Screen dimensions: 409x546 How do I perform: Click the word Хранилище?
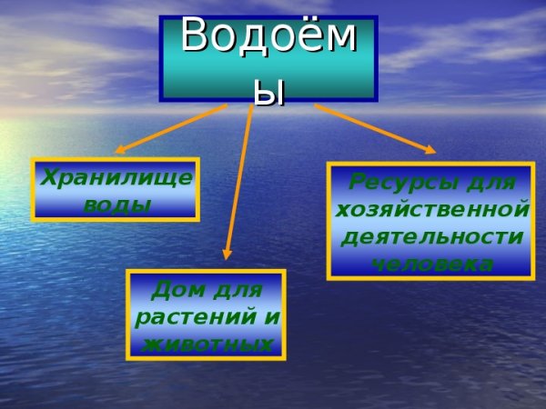pos(116,177)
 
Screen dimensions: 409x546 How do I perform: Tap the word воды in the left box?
pos(116,204)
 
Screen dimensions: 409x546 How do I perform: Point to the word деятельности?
pos(431,237)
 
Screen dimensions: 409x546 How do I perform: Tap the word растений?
pos(195,318)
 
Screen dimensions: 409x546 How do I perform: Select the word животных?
pos(206,345)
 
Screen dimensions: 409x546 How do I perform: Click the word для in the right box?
pos(490,181)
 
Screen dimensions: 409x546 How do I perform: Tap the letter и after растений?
pos(272,319)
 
